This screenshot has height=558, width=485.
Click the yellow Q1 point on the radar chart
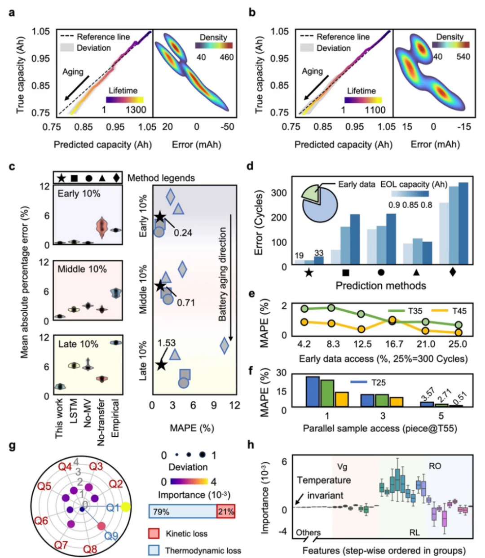point(126,507)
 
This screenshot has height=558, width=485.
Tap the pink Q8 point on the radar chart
point(101,526)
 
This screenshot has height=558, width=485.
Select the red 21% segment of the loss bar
point(225,511)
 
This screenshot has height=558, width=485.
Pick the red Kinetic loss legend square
point(154,534)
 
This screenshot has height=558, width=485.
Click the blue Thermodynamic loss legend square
point(154,550)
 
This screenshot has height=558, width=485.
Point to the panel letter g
point(12,446)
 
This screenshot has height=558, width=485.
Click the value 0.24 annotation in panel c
point(183,232)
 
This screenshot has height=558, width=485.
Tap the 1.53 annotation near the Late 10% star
point(167,343)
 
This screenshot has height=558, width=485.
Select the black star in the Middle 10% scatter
point(160,286)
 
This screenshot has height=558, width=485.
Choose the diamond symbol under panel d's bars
point(453,272)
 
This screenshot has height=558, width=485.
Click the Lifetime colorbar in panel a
point(124,100)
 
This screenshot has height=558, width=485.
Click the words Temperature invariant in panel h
point(323,488)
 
